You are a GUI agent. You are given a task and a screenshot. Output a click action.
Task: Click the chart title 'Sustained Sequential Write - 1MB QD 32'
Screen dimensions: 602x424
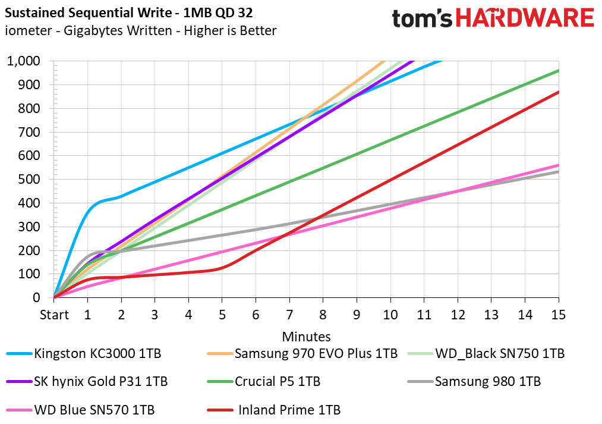tap(128, 12)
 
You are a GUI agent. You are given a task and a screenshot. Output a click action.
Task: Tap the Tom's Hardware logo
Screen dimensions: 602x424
tap(493, 18)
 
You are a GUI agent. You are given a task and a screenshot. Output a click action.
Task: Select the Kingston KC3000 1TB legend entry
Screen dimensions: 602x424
tap(84, 353)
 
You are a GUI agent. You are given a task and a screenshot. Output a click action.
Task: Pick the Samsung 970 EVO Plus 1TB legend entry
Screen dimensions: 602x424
tap(302, 353)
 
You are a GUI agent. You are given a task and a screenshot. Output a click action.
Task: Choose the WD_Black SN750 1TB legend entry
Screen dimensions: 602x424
tap(486, 353)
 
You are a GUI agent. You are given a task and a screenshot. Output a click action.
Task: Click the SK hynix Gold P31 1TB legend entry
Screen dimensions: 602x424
tap(87, 381)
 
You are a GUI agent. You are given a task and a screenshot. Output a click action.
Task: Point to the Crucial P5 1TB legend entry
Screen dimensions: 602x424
tap(264, 381)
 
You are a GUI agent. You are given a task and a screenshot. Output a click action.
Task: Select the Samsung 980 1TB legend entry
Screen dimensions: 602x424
tap(474, 381)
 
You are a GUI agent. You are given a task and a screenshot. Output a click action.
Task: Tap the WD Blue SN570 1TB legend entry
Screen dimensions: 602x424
tap(81, 410)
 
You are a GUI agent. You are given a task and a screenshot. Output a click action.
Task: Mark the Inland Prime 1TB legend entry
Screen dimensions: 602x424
tap(274, 410)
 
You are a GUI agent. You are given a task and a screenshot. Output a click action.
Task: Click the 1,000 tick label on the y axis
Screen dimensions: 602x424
tap(23, 61)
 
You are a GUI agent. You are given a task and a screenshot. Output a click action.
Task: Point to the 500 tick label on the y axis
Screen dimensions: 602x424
tap(29, 179)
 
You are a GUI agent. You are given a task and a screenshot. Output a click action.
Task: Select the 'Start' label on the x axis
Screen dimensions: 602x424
tap(54, 315)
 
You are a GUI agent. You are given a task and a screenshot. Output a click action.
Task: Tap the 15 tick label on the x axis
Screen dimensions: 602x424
tap(559, 315)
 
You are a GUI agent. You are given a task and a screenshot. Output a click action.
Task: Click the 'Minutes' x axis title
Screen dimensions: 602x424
tap(307, 337)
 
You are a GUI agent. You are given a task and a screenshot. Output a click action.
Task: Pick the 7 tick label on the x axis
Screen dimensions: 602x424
tap(289, 315)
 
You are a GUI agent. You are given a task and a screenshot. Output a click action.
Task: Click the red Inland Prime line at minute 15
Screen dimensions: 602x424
tap(559, 92)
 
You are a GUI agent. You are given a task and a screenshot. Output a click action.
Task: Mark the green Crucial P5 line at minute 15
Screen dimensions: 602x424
tap(559, 70)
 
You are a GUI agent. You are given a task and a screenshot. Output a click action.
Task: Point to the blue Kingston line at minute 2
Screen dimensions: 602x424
tap(121, 197)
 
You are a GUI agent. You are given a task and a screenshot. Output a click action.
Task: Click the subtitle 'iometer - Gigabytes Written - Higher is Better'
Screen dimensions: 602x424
tap(140, 31)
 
